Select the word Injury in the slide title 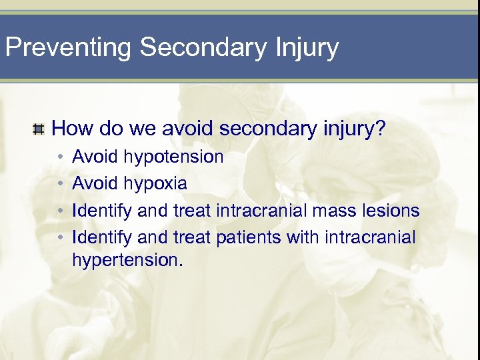305,48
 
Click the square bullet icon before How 39,128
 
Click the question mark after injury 379,128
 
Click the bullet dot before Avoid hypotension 59,158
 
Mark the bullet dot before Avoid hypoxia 59,183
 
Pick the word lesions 393,211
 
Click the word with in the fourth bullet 303,237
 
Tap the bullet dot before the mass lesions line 59,211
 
